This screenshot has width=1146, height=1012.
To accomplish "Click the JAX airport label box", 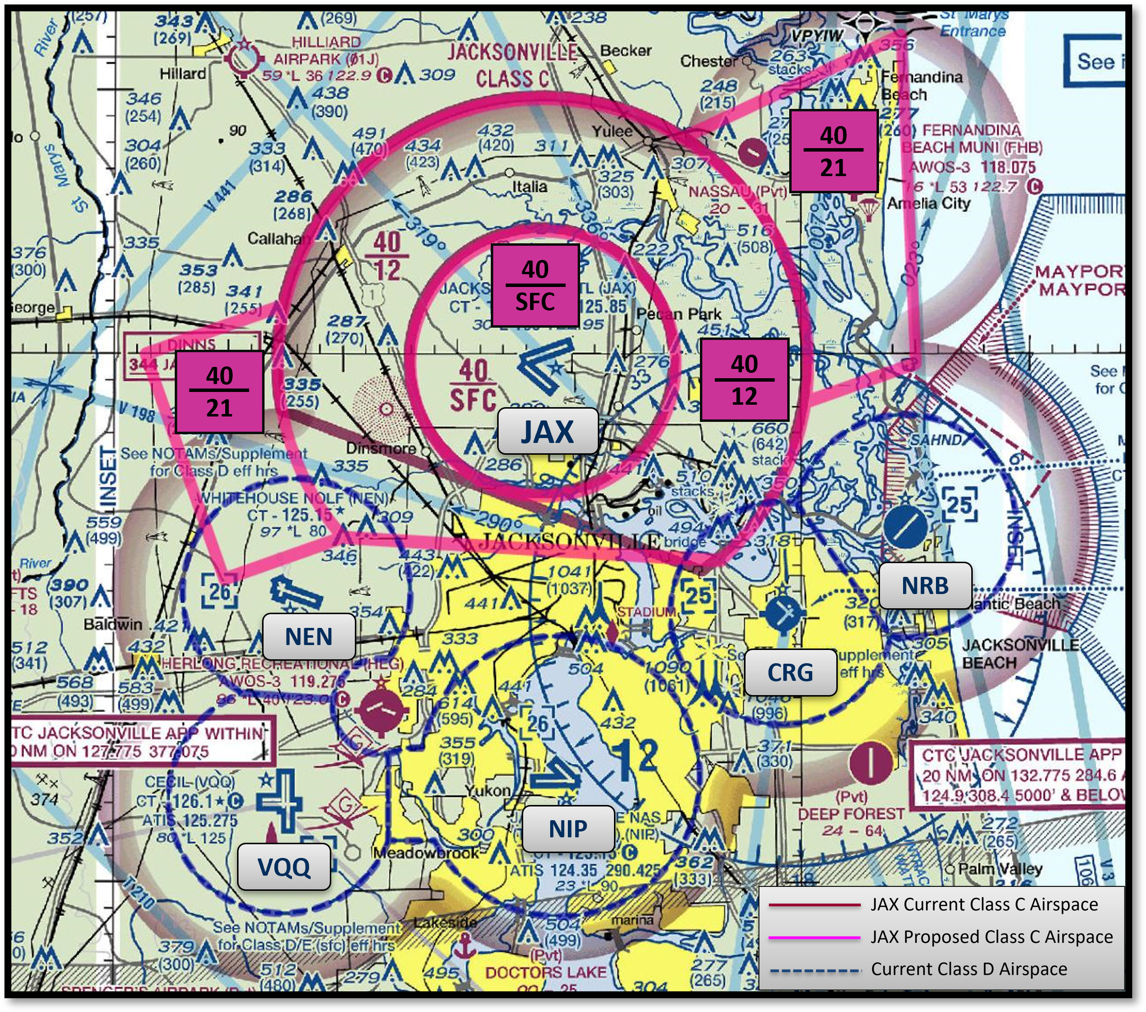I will pyautogui.click(x=548, y=432).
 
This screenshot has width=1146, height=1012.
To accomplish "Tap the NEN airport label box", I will pyautogui.click(x=308, y=637).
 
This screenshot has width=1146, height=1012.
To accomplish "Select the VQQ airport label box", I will pyautogui.click(x=284, y=867).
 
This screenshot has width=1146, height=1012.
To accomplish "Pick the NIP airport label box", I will pyautogui.click(x=568, y=829).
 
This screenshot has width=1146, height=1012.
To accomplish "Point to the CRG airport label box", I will pyautogui.click(x=790, y=673).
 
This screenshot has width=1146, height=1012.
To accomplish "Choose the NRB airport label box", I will pyautogui.click(x=925, y=586).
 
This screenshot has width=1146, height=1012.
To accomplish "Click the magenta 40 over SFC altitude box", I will pyautogui.click(x=535, y=285).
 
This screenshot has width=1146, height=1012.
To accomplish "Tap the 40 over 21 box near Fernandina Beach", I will pyautogui.click(x=833, y=151).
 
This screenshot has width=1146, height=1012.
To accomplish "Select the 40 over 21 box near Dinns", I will pyautogui.click(x=219, y=391).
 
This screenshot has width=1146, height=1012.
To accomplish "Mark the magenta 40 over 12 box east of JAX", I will pyautogui.click(x=745, y=379).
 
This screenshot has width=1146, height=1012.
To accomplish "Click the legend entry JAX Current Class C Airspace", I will pyautogui.click(x=984, y=905).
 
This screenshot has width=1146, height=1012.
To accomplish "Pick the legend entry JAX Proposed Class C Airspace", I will pyautogui.click(x=991, y=936).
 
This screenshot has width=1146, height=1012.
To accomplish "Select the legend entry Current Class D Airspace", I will pyautogui.click(x=969, y=969).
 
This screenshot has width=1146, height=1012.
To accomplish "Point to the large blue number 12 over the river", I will pyautogui.click(x=639, y=756).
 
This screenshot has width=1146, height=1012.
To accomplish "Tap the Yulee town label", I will pyautogui.click(x=612, y=131).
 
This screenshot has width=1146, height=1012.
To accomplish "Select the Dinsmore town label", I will pyautogui.click(x=381, y=448).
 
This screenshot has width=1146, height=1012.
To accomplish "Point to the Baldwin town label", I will pyautogui.click(x=113, y=624).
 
